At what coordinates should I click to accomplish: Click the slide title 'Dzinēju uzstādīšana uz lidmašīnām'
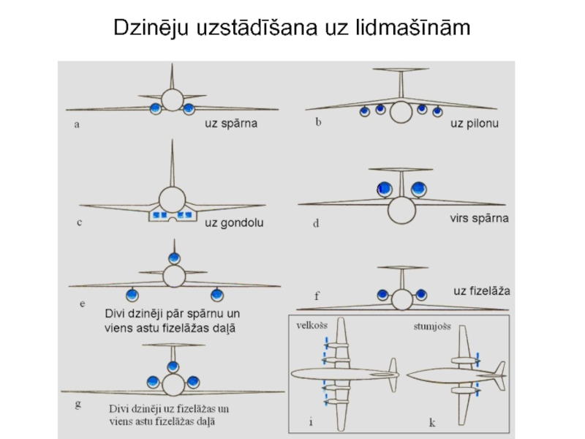[292, 28]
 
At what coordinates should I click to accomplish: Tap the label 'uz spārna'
[231, 124]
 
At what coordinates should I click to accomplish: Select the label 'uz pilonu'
[474, 124]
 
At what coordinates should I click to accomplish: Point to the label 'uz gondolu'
[234, 223]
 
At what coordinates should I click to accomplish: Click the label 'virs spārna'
[479, 218]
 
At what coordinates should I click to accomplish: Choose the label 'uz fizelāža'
[482, 290]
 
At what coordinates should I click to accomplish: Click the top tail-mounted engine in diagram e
[174, 258]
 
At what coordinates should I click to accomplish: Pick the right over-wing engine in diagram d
[418, 190]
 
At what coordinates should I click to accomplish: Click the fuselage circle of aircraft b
[401, 112]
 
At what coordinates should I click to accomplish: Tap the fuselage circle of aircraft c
[172, 198]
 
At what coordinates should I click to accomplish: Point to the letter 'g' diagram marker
[78, 403]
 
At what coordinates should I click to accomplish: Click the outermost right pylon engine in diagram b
[437, 112]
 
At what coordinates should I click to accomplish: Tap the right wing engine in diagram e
[216, 295]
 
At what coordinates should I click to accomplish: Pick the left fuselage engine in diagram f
[382, 295]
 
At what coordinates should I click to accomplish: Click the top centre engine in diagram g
[173, 367]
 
